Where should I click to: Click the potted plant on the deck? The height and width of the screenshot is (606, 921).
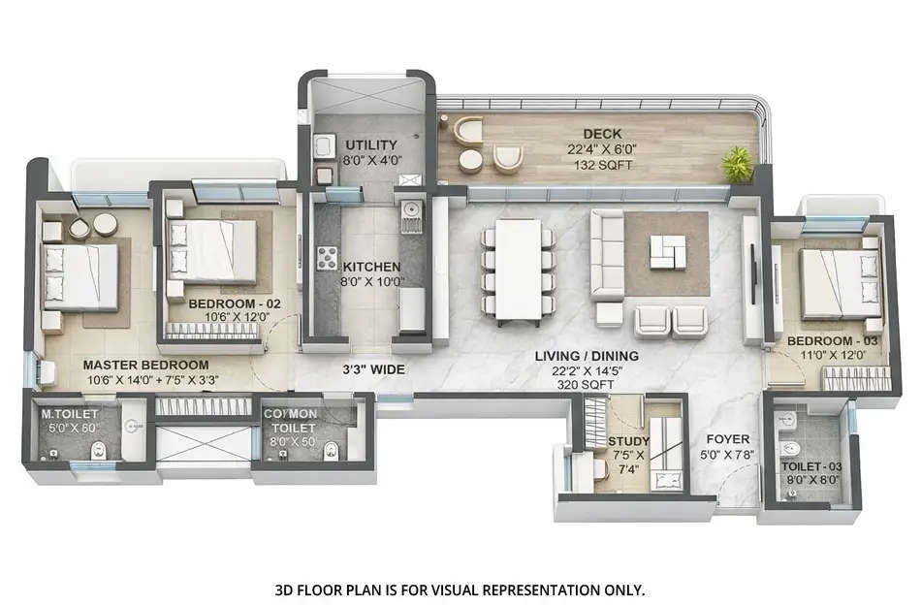click(739, 162)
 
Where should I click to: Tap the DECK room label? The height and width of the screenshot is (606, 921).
click(602, 134)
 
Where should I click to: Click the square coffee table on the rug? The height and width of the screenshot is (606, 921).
click(666, 251)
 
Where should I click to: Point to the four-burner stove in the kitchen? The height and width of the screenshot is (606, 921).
click(328, 257)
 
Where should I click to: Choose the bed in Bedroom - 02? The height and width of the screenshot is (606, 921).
click(215, 250)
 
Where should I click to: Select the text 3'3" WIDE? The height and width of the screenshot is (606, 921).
click(372, 369)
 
